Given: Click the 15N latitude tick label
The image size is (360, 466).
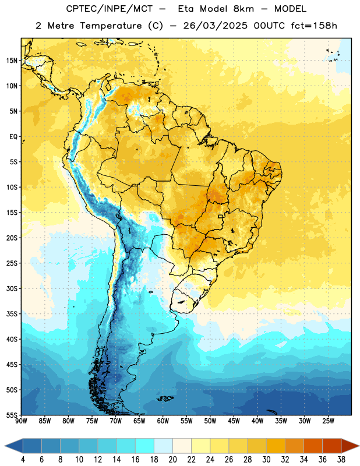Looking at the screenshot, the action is point(12,61).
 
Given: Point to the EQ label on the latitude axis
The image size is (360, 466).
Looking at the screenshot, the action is point(13,137).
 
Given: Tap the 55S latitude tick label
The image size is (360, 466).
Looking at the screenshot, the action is point(12,415).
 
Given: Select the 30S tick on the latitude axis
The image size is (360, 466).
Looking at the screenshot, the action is point(12,288).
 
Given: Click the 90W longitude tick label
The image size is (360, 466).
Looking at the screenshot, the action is point(22,421).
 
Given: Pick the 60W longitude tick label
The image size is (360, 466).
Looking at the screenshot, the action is point(163,421).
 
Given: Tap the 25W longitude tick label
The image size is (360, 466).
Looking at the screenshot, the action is point(328,421).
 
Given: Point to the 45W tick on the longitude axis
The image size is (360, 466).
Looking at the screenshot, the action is point(234,421).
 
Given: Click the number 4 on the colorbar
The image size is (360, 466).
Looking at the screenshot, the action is point(23,460).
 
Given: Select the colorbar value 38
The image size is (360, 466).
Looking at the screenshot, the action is point(341,460).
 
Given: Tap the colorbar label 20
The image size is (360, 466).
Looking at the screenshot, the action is point(172,460).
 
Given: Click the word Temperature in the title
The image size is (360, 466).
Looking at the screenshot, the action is point(111,26).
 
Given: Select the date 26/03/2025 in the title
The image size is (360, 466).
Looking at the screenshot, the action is point(215,26).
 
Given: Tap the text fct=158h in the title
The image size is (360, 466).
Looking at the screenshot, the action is point(314,26).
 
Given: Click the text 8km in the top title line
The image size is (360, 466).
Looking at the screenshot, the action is point(243,9).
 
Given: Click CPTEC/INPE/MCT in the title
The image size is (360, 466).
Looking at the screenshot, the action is point(109,9).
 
